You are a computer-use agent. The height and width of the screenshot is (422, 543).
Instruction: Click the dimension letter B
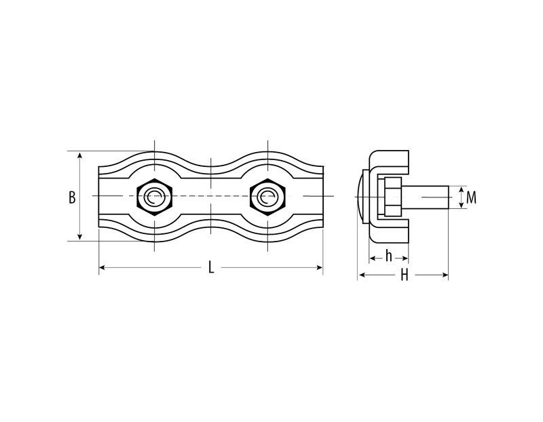[x=72, y=197]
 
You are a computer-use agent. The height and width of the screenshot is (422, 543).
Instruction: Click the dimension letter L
[x=211, y=267]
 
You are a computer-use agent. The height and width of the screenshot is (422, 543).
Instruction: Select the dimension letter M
[x=471, y=197]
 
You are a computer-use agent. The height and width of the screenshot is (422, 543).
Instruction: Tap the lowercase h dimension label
[x=388, y=256]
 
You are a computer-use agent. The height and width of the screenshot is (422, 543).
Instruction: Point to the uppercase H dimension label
[x=404, y=275]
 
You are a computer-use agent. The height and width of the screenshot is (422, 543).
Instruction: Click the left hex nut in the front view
[x=155, y=197]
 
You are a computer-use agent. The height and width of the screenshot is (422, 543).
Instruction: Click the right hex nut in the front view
[x=267, y=197]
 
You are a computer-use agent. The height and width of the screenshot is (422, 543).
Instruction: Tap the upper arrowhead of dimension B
[x=80, y=155]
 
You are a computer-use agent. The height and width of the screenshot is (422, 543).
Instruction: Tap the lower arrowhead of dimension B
[x=80, y=237]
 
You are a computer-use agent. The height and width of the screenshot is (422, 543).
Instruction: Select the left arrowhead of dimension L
[x=102, y=267]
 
